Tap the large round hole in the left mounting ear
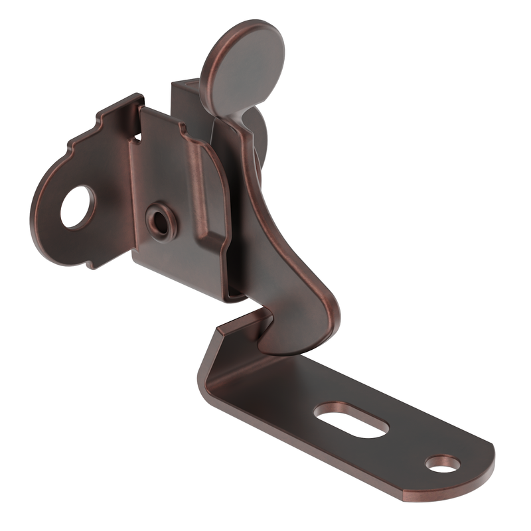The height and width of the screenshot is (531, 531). (x=78, y=207)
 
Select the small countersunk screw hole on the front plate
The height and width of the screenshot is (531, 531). (x=160, y=222)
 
